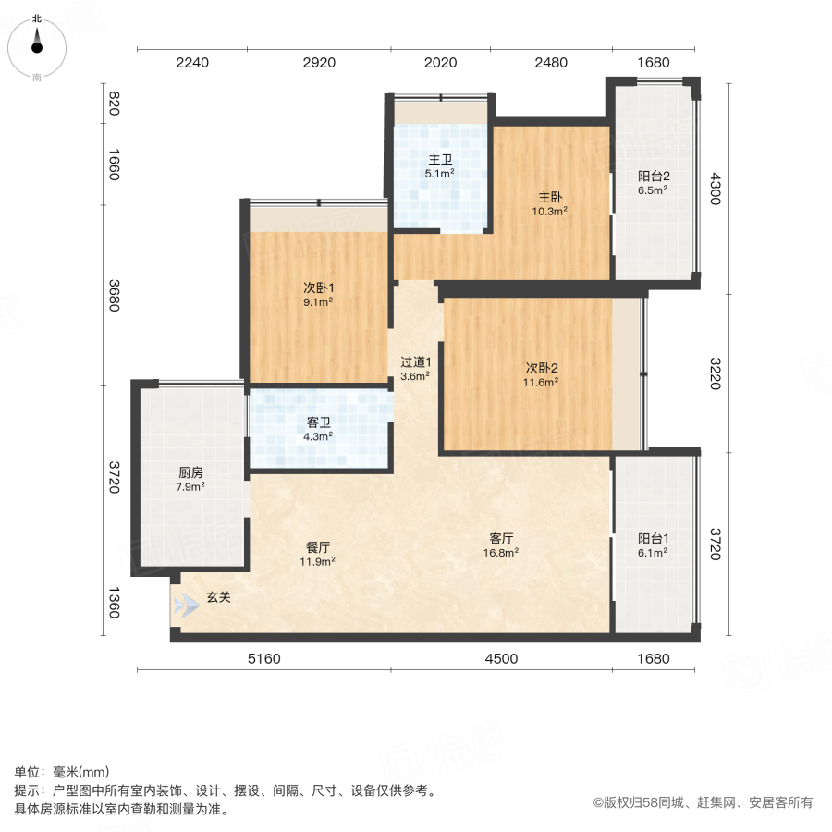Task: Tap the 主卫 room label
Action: tap(439, 159)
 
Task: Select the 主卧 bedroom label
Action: tap(551, 197)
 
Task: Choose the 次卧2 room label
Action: tap(541, 367)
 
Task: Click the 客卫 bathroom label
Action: tap(319, 422)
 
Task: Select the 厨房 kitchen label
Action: tap(191, 472)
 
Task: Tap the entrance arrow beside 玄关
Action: tap(185, 605)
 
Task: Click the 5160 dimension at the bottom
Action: tap(263, 658)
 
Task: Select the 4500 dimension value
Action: tap(500, 658)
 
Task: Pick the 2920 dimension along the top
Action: tap(318, 63)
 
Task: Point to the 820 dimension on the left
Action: tap(114, 104)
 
